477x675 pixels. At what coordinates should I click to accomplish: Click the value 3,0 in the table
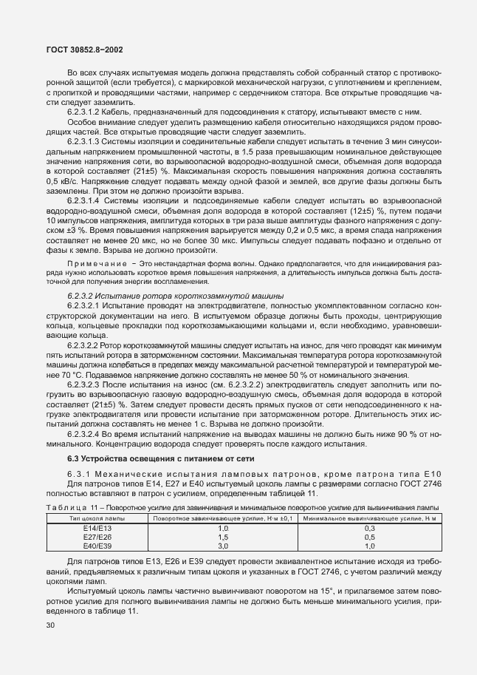point(223,546)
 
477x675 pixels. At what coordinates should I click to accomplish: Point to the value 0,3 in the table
point(369,529)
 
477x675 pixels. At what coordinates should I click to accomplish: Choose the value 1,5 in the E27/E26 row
point(223,537)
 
